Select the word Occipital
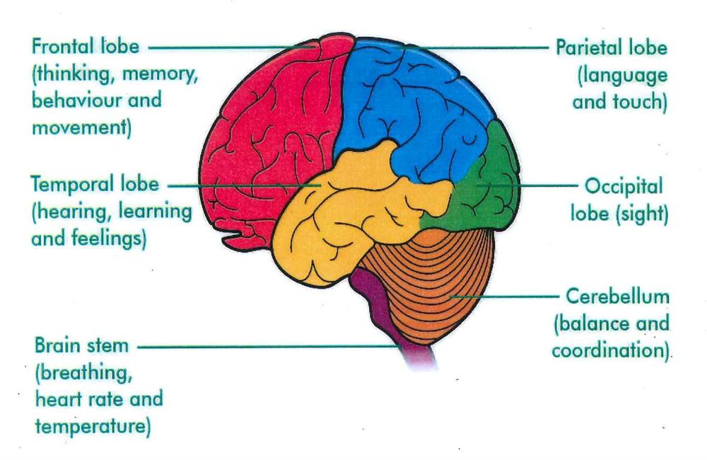[x=624, y=186]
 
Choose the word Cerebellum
[x=617, y=297]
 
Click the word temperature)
[x=93, y=427]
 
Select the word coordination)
[x=611, y=351]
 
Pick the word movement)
[x=81, y=128]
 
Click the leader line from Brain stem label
[x=269, y=347]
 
